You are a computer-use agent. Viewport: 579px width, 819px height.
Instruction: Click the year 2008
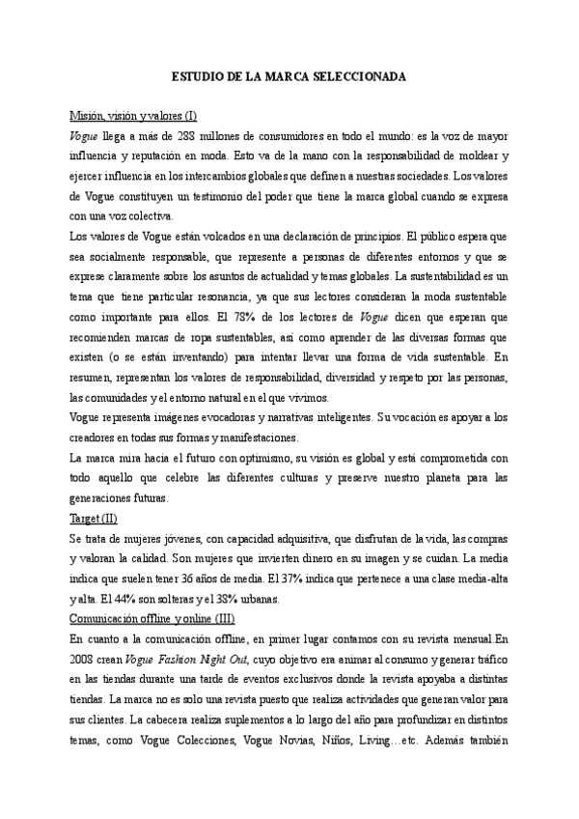pyautogui.click(x=84, y=660)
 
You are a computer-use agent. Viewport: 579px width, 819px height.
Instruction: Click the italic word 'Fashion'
pyautogui.click(x=178, y=660)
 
